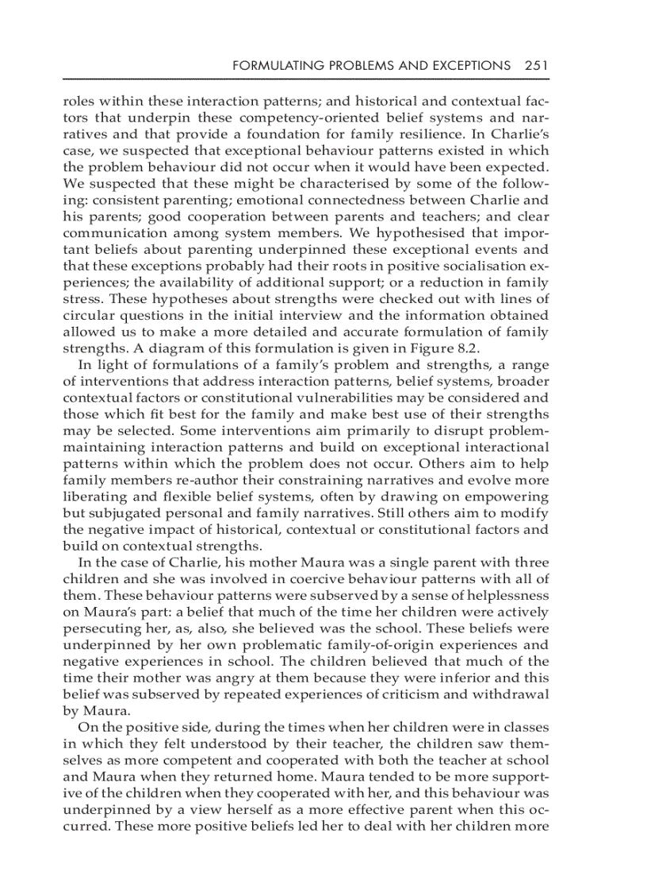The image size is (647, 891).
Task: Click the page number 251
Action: (x=536, y=66)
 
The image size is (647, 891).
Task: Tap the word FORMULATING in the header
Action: (x=271, y=66)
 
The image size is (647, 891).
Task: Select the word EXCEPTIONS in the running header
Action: (x=469, y=66)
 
